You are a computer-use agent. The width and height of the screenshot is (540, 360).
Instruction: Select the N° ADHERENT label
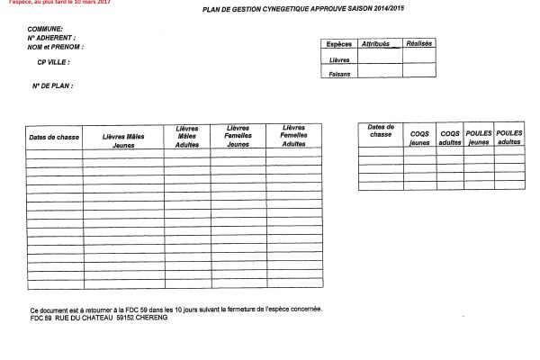(51, 39)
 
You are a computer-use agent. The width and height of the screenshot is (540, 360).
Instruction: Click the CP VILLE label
(53, 61)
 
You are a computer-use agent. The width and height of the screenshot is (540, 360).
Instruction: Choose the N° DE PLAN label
(50, 85)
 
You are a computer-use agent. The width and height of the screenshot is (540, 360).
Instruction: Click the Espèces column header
(338, 43)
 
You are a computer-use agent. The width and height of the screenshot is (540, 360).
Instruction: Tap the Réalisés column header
(419, 43)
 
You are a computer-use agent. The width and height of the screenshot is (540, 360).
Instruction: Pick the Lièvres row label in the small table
(339, 60)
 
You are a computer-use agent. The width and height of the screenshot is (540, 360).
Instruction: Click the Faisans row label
(339, 74)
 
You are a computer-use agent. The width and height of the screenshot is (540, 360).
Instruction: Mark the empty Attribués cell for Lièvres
(379, 58)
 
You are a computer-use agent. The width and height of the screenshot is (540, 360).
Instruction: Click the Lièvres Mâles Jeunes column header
(123, 140)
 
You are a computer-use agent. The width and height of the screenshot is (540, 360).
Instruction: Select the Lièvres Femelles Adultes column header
(293, 136)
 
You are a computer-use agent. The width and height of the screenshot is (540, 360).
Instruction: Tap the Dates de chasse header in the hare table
(54, 137)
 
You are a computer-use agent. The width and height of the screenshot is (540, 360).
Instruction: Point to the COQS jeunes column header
(419, 139)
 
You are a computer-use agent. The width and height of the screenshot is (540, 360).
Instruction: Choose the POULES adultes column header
(509, 138)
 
